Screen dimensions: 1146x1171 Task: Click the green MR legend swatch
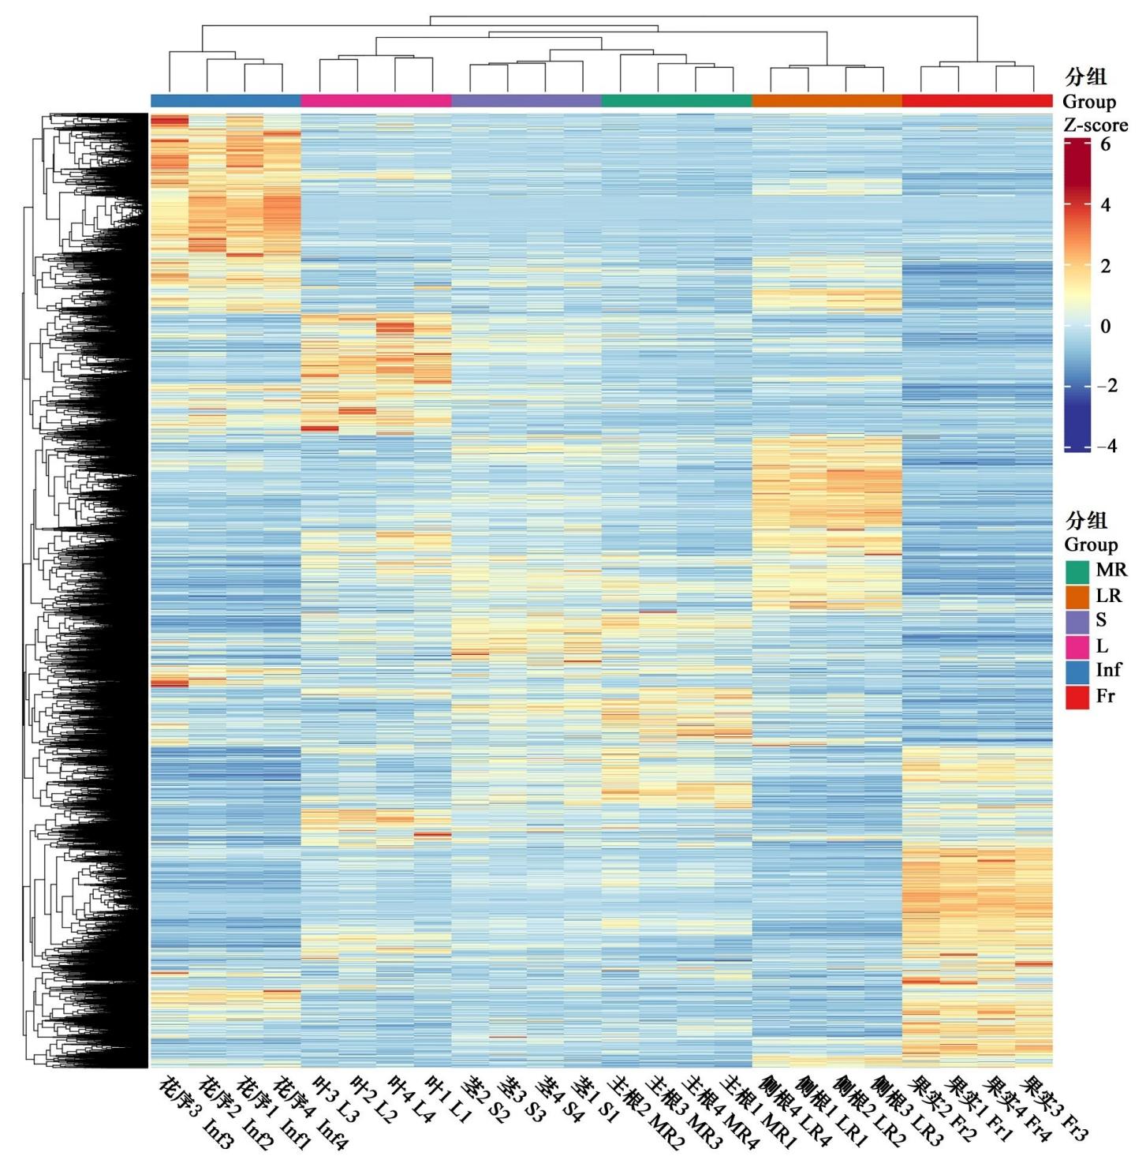point(1077,571)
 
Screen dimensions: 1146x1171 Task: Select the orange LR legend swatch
point(1077,597)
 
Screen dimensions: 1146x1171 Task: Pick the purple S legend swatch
point(1077,622)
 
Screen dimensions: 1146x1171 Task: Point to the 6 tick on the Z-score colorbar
point(1105,144)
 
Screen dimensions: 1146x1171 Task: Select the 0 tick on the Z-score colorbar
point(1105,326)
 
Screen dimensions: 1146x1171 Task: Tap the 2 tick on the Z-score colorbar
point(1105,266)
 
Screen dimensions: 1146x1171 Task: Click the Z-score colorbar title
point(1096,125)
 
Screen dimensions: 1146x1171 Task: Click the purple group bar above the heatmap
point(526,101)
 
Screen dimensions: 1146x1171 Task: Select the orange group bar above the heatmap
point(827,101)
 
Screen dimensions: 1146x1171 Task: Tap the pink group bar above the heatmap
point(376,101)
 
